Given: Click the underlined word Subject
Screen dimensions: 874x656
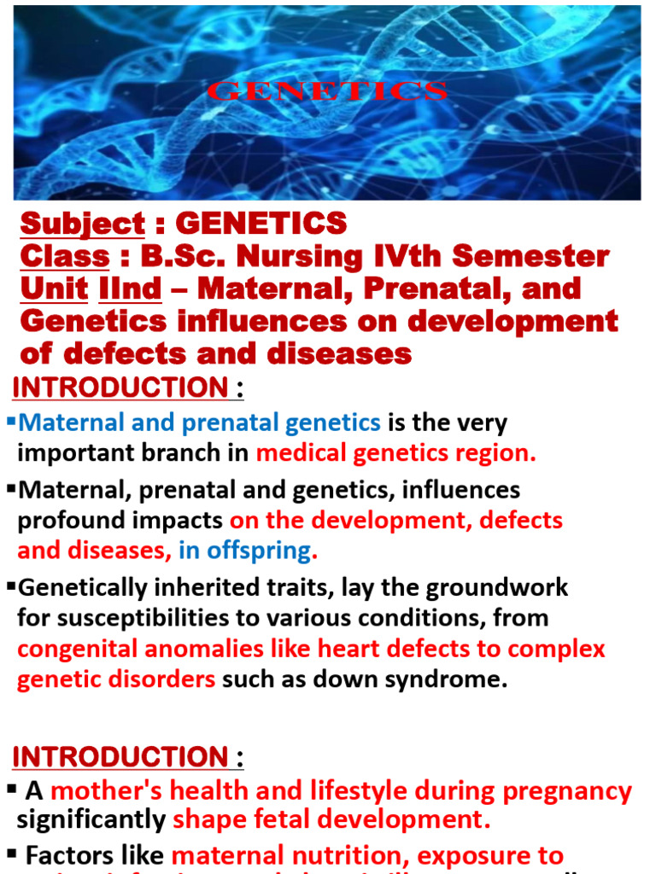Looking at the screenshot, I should pyautogui.click(x=83, y=224).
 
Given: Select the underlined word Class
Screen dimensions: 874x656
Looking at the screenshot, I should pyautogui.click(x=65, y=256).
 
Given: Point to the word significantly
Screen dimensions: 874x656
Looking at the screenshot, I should pyautogui.click(x=91, y=820).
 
